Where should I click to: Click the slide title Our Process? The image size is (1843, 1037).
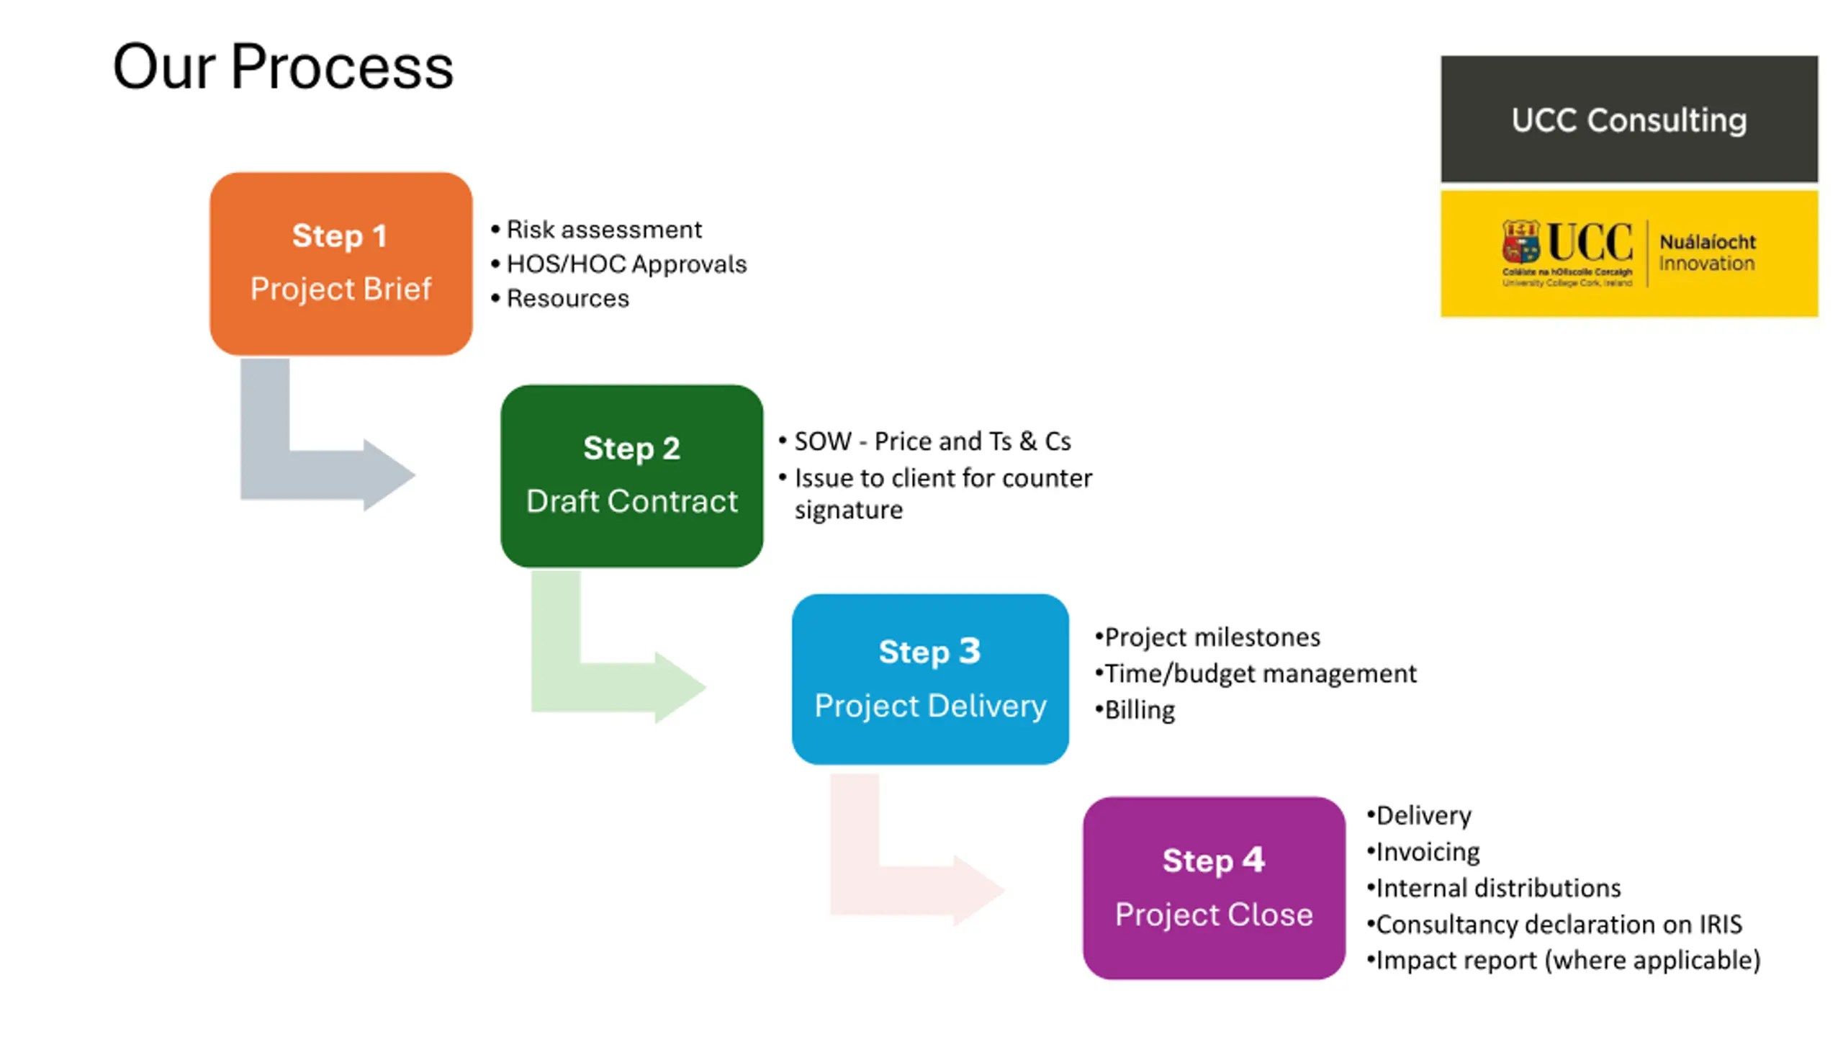pos(283,67)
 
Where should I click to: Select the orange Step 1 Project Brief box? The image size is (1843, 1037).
pos(341,263)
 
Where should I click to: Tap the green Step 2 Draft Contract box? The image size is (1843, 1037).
pos(631,475)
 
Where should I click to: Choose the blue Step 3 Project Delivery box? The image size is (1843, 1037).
pos(929,678)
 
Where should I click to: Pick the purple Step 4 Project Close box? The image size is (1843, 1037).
pos(1213,887)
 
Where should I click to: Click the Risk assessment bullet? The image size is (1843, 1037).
pos(603,230)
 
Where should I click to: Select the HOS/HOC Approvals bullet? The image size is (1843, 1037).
pos(626,264)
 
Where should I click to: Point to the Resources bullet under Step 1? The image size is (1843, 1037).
pos(567,299)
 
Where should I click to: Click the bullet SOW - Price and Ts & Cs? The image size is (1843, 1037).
pos(932,441)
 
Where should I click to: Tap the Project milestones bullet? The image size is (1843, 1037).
pos(1212,637)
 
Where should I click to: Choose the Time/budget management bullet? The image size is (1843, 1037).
pos(1260,674)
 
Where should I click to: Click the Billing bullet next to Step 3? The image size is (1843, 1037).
pos(1139,710)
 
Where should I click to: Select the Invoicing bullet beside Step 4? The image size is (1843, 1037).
pos(1427,852)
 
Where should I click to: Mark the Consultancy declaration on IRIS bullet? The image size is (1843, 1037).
pos(1559,924)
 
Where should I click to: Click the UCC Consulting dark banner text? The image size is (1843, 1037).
pos(1628,120)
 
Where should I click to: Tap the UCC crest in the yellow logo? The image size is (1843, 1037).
pos(1520,242)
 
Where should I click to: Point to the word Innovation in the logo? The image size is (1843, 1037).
pos(1706,264)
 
